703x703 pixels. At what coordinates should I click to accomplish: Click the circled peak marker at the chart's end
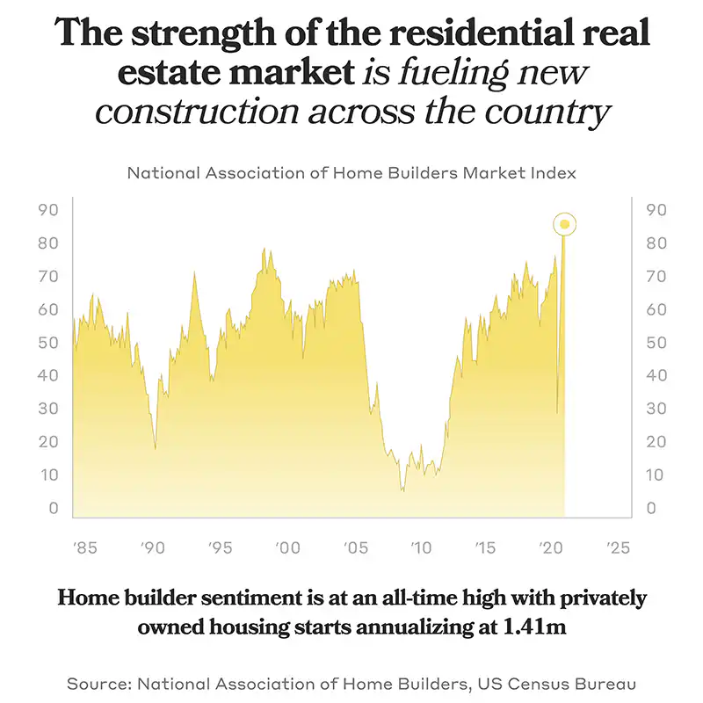coord(564,224)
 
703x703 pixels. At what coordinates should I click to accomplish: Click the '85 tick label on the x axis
coord(85,547)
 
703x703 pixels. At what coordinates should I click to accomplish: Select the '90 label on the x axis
coord(152,547)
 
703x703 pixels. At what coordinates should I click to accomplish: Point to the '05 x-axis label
coord(353,547)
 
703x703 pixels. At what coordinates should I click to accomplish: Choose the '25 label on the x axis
coord(618,547)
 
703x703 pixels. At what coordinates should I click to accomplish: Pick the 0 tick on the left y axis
coord(54,509)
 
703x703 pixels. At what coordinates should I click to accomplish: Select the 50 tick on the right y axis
coord(656,343)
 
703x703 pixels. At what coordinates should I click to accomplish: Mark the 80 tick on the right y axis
coord(656,243)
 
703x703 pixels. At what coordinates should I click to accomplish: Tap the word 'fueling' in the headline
coord(466,74)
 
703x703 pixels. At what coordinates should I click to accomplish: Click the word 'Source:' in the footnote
coord(100,682)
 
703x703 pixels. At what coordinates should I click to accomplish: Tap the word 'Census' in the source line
coord(528,682)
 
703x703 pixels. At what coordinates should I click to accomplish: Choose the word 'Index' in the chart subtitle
coord(555,173)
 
